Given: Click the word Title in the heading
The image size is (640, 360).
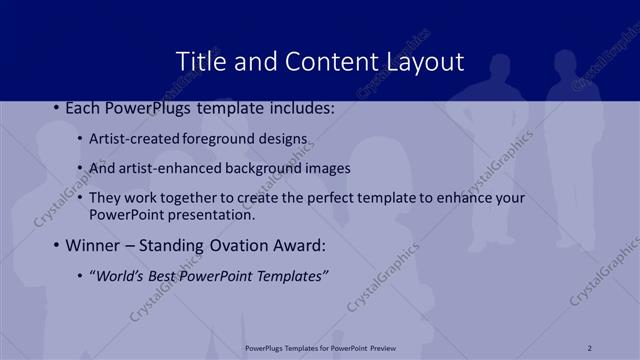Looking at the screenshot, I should (x=201, y=61).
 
